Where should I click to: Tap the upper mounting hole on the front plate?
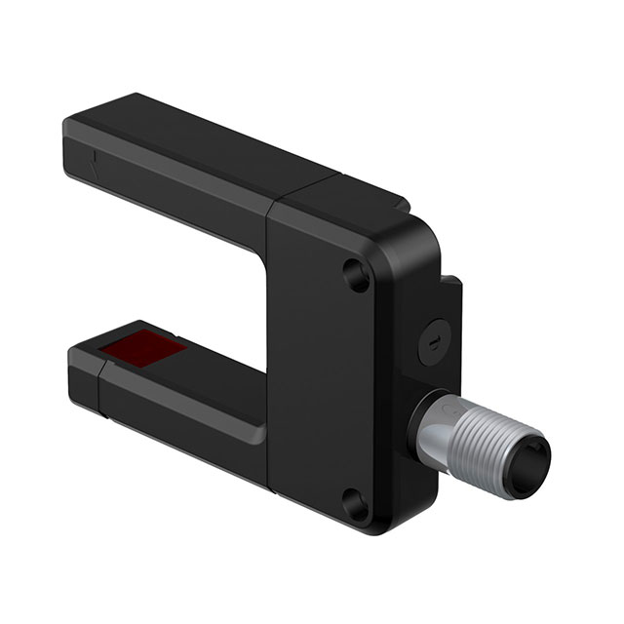pyautogui.click(x=358, y=276)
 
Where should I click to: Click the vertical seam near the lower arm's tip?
pyautogui.click(x=101, y=385)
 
